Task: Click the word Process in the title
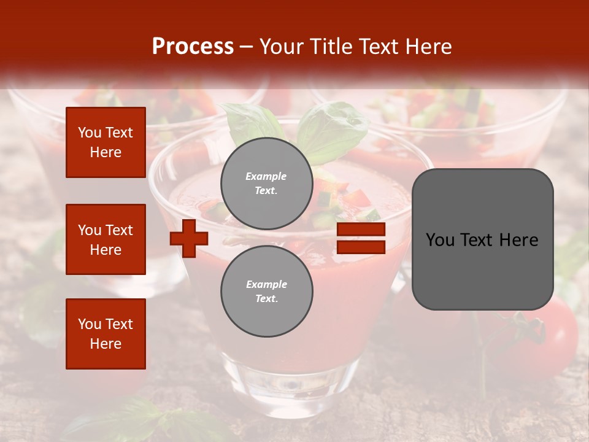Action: click(x=193, y=47)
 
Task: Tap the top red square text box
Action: click(x=106, y=142)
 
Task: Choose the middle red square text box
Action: click(x=106, y=239)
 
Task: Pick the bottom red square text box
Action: click(x=106, y=334)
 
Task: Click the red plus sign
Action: click(x=189, y=238)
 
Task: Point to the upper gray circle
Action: click(x=266, y=184)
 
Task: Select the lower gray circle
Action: click(x=266, y=292)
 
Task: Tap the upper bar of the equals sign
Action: click(x=361, y=230)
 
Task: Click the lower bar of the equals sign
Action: click(x=361, y=247)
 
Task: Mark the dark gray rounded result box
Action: click(x=482, y=239)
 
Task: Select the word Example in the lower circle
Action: click(x=266, y=284)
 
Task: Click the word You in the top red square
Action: click(x=90, y=133)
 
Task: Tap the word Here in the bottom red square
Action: click(x=106, y=344)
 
